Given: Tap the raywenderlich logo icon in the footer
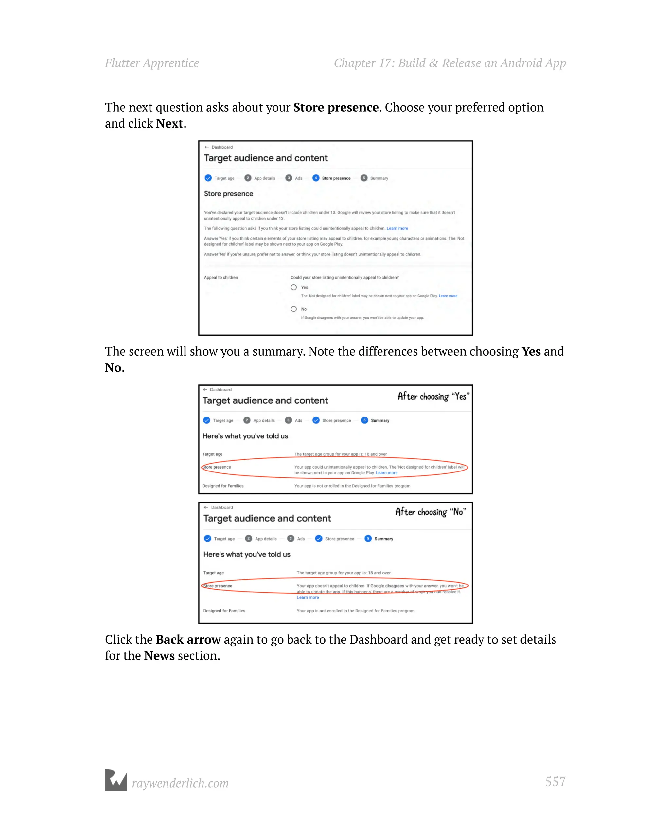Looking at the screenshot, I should pyautogui.click(x=116, y=780).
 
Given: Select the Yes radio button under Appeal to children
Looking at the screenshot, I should pyautogui.click(x=293, y=287).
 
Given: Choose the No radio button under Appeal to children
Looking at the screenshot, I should pyautogui.click(x=293, y=309).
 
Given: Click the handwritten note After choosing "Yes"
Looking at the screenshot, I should pyautogui.click(x=433, y=396).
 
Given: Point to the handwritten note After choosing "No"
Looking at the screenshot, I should pyautogui.click(x=431, y=512).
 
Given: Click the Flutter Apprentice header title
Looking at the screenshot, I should pyautogui.click(x=152, y=63).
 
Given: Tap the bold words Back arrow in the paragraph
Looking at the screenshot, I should pyautogui.click(x=188, y=639).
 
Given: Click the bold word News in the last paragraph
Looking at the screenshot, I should pyautogui.click(x=159, y=656).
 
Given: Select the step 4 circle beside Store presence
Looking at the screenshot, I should pyautogui.click(x=316, y=178).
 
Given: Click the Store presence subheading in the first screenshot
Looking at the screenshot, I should pyautogui.click(x=228, y=194).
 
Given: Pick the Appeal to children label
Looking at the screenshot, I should pyautogui.click(x=221, y=278).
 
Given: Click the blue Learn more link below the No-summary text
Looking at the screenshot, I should pyautogui.click(x=308, y=597).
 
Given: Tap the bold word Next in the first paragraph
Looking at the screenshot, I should pyautogui.click(x=169, y=124).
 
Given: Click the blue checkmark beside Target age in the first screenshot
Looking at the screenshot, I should pyautogui.click(x=208, y=178).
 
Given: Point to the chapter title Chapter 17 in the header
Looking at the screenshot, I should pyautogui.click(x=450, y=63).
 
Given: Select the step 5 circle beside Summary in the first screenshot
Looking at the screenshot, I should pyautogui.click(x=364, y=178).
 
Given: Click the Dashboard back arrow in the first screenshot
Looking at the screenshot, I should pyautogui.click(x=207, y=147).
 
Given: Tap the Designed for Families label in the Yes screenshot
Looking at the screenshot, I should pyautogui.click(x=223, y=486).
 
